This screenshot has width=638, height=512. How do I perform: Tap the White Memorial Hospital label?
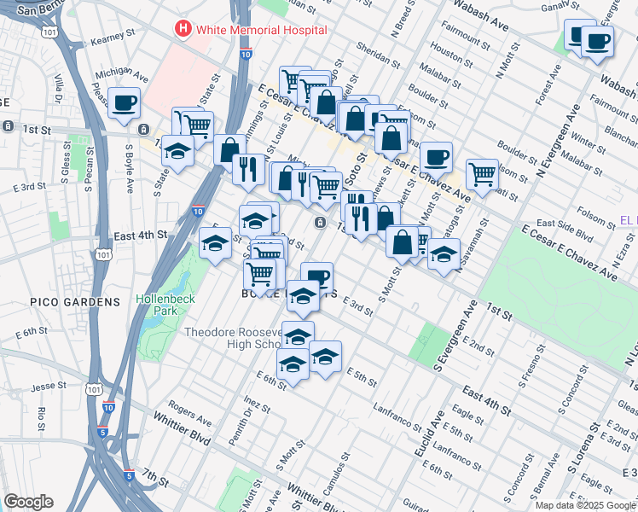[261, 30]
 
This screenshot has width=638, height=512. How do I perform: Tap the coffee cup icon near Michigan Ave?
[125, 102]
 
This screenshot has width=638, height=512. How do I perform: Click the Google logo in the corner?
[28, 502]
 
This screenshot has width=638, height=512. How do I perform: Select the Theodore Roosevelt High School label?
[232, 338]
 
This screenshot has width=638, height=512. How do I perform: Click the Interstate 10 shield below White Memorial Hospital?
[246, 55]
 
